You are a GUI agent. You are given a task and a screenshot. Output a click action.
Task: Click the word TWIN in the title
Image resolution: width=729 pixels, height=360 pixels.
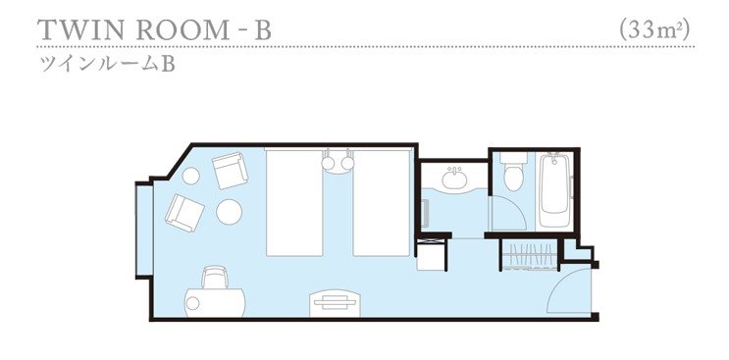(80, 30)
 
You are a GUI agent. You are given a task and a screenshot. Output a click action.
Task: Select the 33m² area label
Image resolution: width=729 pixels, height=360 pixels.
(654, 30)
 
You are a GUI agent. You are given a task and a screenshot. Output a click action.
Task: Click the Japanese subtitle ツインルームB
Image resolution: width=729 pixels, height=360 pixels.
(108, 65)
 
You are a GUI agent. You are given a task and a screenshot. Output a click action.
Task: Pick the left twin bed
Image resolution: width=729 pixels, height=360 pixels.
(294, 202)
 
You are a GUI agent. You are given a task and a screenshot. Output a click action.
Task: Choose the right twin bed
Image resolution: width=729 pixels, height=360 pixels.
(382, 202)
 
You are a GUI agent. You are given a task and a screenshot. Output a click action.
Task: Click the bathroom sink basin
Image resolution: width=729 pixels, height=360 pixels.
(453, 179)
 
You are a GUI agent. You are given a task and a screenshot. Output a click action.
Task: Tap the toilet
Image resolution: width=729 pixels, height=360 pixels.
(514, 172)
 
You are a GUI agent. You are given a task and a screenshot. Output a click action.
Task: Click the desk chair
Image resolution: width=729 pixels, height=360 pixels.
(215, 277)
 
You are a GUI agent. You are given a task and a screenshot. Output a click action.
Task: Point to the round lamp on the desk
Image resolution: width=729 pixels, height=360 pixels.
(192, 303)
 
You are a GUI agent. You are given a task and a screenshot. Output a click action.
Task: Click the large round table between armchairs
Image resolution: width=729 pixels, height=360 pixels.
(229, 212)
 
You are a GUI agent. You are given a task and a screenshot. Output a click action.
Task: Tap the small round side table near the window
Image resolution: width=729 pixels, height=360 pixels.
(190, 176)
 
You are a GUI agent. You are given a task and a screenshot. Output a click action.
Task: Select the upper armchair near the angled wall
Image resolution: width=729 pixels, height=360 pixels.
(230, 170)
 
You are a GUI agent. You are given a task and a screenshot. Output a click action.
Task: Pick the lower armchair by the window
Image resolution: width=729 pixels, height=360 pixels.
(184, 213)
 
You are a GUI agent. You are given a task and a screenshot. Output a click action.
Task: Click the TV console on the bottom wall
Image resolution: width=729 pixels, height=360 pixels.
(336, 303)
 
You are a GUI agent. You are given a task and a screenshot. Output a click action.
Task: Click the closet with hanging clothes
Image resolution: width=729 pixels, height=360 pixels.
(529, 254)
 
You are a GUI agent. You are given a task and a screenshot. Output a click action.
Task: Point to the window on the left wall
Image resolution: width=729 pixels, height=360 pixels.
(143, 231)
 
